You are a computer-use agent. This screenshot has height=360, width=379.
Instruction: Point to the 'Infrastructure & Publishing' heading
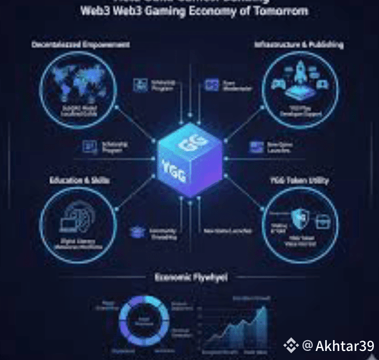(299, 44)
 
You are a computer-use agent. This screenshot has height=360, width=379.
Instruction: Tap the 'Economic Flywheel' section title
(191, 277)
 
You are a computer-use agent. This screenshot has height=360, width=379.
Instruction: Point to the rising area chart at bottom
(235, 329)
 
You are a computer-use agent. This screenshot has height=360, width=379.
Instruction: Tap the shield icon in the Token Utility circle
(299, 216)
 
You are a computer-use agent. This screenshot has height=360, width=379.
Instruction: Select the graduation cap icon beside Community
(136, 231)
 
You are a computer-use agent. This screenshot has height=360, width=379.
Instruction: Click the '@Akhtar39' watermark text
(338, 345)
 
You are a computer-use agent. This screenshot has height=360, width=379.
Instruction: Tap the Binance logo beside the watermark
(291, 345)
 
